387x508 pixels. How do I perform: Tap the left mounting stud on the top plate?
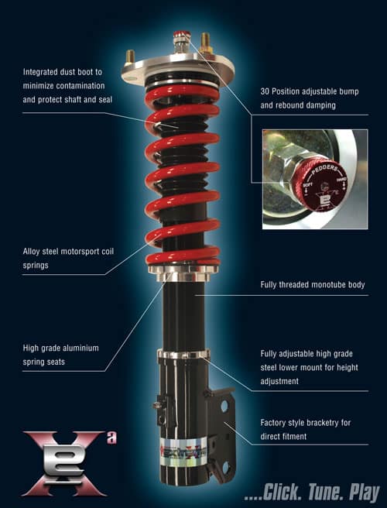click(130, 57)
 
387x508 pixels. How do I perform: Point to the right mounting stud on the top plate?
click(207, 41)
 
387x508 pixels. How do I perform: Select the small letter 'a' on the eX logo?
click(111, 438)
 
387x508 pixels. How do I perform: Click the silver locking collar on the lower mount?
click(183, 355)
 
